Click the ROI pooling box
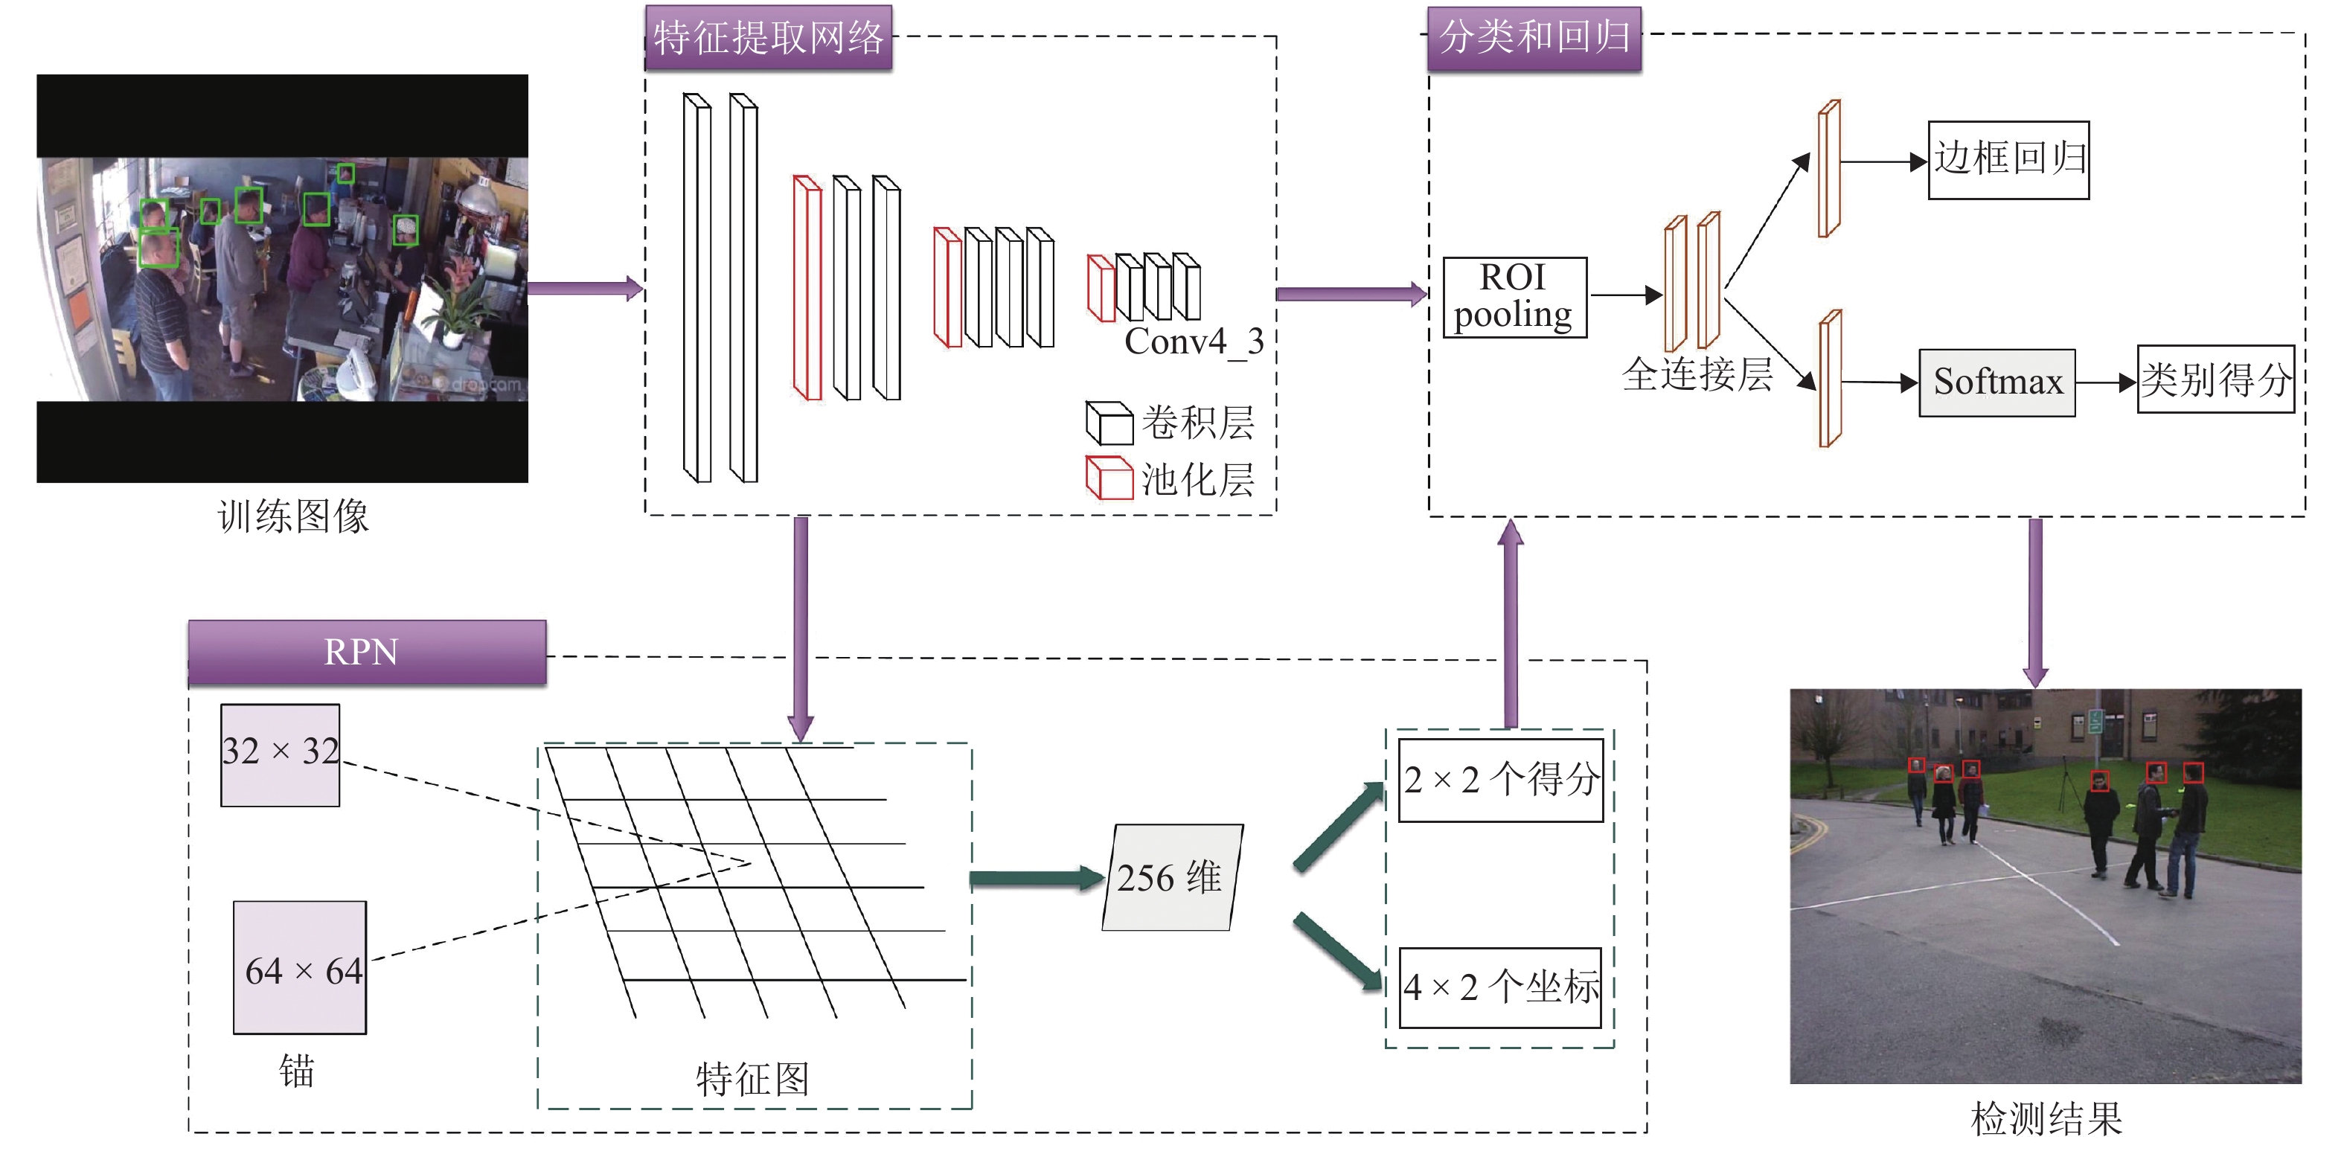coord(1514,298)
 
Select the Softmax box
coord(1996,382)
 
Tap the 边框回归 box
coord(2008,160)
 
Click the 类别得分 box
coord(2215,380)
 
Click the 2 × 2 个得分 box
coord(1500,781)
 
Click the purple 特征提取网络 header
coord(768,38)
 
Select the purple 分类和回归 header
coord(1534,38)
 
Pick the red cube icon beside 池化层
coord(1108,478)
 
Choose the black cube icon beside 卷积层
coord(1108,422)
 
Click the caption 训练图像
coord(293,516)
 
